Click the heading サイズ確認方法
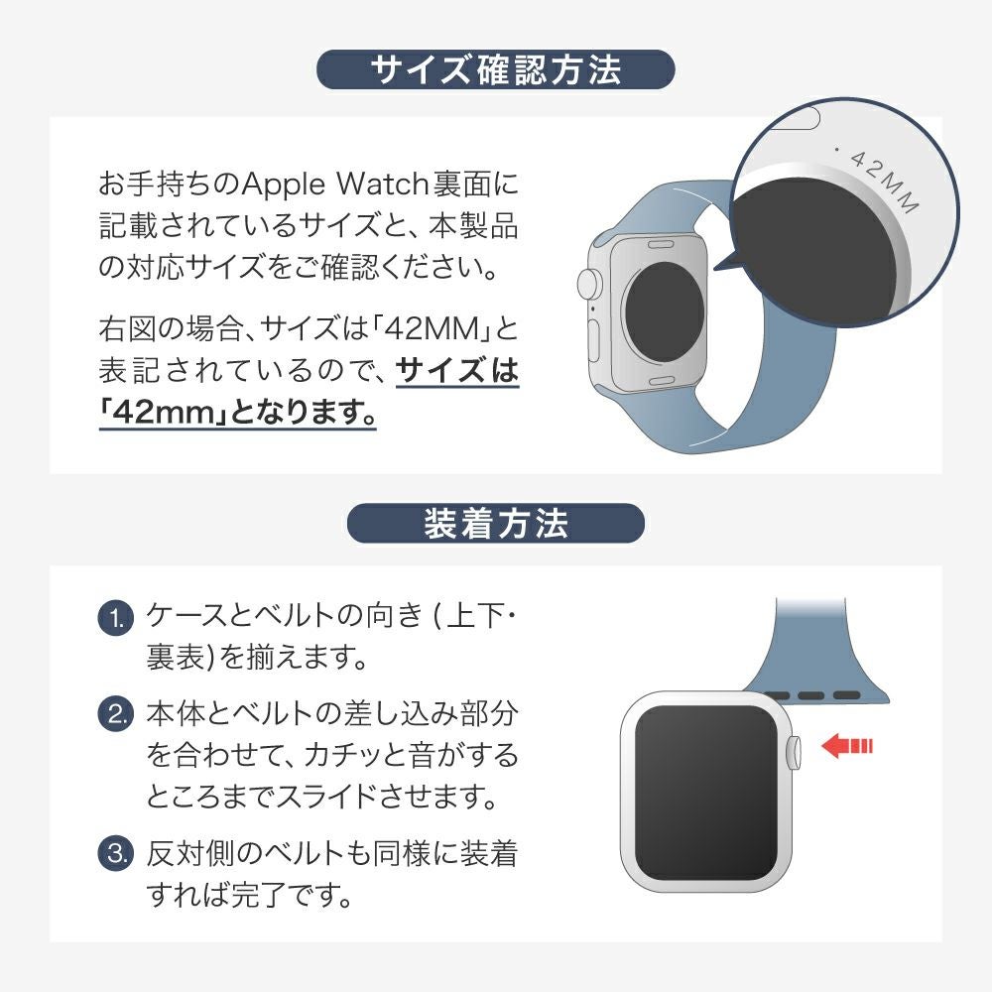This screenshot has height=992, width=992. [x=495, y=69]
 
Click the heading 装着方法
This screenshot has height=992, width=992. [x=495, y=524]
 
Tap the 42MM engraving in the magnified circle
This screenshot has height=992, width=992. [x=882, y=181]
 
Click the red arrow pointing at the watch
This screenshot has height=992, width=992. [x=846, y=745]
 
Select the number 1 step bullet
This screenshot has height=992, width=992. [x=116, y=617]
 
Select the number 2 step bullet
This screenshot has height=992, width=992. [x=116, y=713]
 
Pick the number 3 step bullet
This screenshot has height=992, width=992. [x=116, y=853]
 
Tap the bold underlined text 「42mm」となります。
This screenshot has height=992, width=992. [x=238, y=413]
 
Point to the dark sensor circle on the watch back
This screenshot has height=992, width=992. [x=664, y=311]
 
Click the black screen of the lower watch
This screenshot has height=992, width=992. [x=705, y=793]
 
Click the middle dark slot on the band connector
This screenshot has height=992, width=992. [x=810, y=695]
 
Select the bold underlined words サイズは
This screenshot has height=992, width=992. [x=456, y=371]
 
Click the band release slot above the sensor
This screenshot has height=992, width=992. [x=661, y=244]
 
